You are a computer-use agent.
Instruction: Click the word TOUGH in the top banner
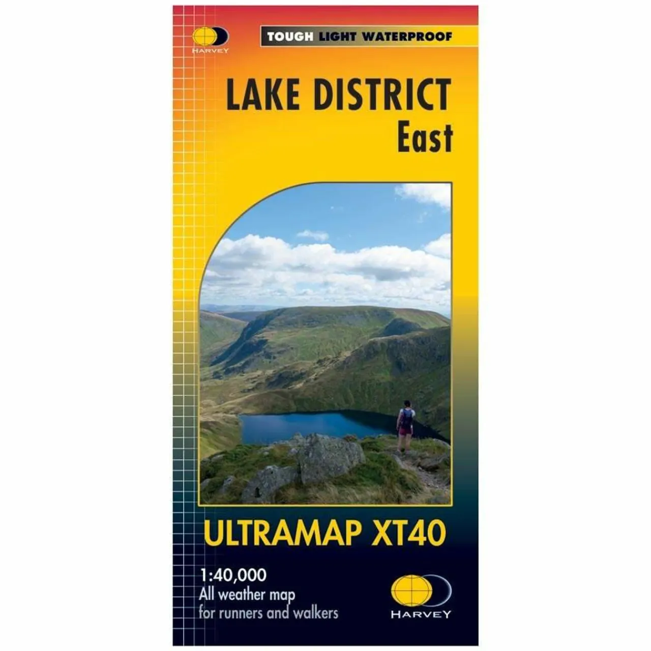click(290, 37)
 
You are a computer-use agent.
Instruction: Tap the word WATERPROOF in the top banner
click(407, 37)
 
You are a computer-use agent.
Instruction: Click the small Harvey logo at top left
click(210, 37)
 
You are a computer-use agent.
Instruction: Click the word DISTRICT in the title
click(382, 95)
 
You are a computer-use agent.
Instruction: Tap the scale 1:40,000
click(233, 575)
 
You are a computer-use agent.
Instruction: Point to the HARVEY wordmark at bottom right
click(421, 614)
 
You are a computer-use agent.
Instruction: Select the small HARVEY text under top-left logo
click(210, 50)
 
